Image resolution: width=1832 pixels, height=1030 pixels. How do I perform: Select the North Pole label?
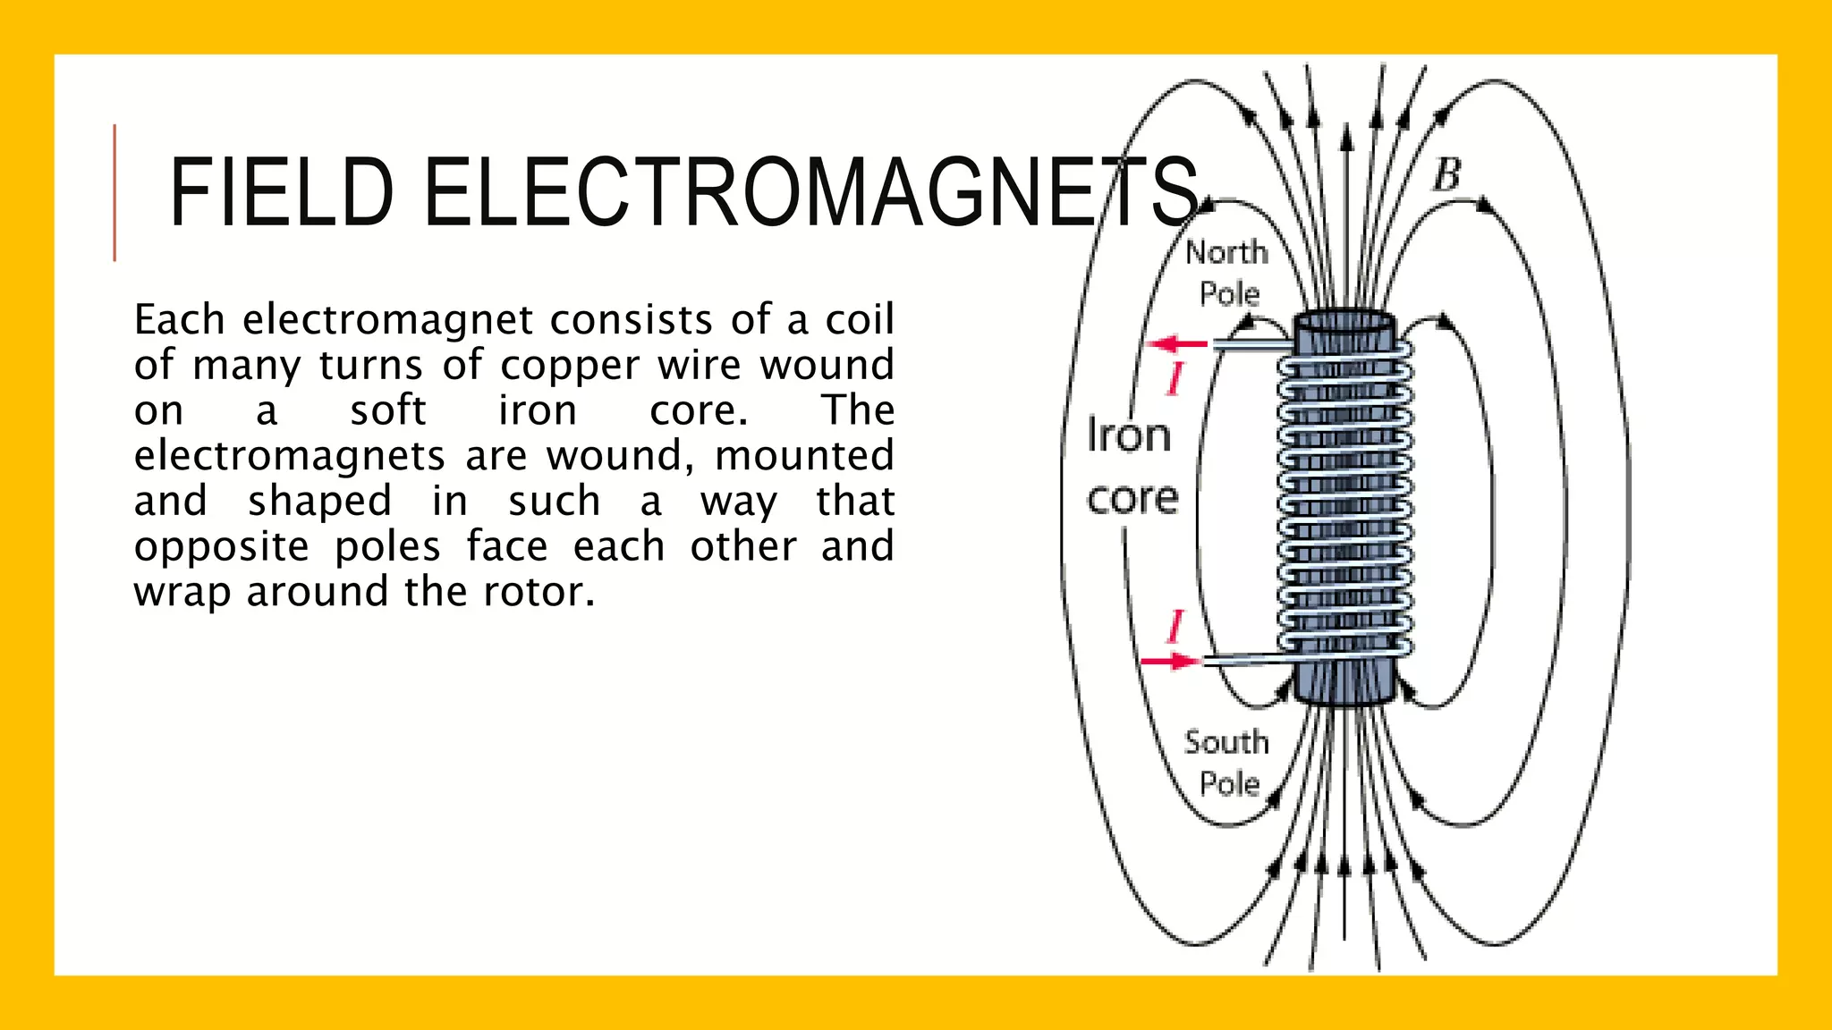[1227, 273]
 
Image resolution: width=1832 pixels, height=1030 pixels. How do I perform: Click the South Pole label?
[1227, 763]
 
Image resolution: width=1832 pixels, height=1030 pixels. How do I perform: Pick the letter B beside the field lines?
[1446, 175]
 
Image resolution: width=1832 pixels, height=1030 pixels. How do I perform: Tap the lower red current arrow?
[1171, 662]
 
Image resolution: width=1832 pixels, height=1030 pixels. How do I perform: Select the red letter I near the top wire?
[1175, 378]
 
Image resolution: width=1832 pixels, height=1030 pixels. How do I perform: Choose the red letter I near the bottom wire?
[1175, 626]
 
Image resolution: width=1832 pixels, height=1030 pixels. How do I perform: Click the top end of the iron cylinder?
[1344, 321]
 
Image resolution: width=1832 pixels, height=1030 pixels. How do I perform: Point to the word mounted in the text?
[804, 455]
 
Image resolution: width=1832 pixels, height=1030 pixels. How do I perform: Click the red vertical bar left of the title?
[114, 193]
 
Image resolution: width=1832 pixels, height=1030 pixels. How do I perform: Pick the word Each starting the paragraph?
[179, 319]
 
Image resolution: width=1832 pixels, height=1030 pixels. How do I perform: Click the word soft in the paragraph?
[388, 410]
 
